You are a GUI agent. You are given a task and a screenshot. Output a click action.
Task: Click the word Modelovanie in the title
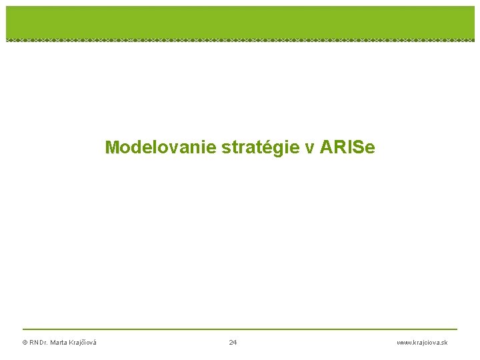(x=161, y=147)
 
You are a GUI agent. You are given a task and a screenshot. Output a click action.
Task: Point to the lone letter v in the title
(x=310, y=147)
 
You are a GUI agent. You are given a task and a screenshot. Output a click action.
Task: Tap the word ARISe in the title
(x=347, y=147)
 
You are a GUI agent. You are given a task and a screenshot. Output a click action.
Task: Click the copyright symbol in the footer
(x=25, y=343)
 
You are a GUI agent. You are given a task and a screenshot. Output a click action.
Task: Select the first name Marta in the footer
(x=59, y=343)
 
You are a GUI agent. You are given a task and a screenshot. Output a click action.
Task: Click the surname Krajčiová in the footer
(x=83, y=343)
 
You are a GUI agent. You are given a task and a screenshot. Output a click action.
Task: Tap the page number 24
(x=233, y=343)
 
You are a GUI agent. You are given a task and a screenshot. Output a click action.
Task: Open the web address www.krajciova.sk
(x=422, y=343)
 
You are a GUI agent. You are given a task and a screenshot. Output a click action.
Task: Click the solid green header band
(x=240, y=21)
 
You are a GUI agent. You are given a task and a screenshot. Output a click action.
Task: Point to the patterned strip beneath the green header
(x=240, y=40)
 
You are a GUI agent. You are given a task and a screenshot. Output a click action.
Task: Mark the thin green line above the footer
(x=240, y=329)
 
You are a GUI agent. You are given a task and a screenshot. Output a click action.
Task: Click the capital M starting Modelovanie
(x=111, y=147)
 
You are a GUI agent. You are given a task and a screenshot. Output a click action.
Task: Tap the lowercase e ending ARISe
(x=371, y=147)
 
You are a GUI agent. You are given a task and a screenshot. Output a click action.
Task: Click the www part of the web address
(x=403, y=343)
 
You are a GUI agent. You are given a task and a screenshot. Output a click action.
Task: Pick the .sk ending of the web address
(x=443, y=343)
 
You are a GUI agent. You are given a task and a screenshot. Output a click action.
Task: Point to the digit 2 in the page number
(x=231, y=343)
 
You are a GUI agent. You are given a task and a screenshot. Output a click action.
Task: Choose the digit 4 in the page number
(x=235, y=343)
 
